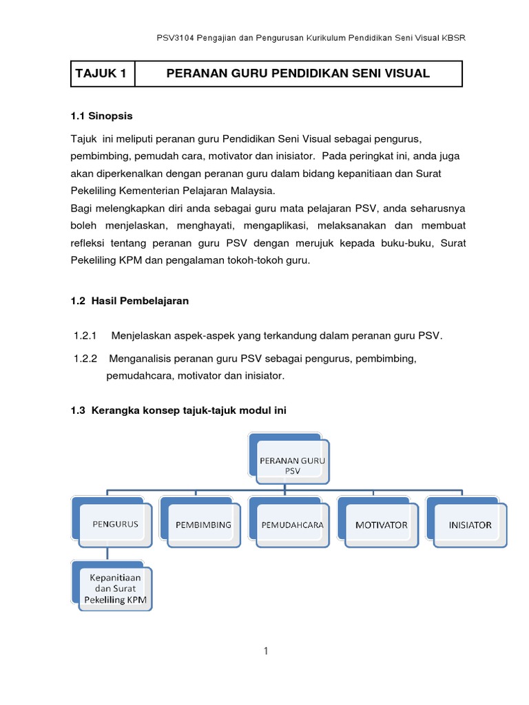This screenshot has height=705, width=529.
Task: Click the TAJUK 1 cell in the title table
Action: pyautogui.click(x=102, y=74)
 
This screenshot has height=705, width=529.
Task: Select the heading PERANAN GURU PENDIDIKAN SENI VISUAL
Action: pyautogui.click(x=298, y=74)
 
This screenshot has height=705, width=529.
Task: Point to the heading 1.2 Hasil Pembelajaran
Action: pyautogui.click(x=129, y=301)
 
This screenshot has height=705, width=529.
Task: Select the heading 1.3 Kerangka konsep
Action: pyautogui.click(x=178, y=410)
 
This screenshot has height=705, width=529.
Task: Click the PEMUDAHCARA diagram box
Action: pyautogui.click(x=292, y=525)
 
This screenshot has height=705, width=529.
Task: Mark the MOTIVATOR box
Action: pyautogui.click(x=381, y=525)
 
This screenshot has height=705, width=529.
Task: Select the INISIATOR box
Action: pyautogui.click(x=470, y=525)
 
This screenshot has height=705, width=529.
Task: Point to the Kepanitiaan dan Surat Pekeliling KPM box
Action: pyautogui.click(x=114, y=588)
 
